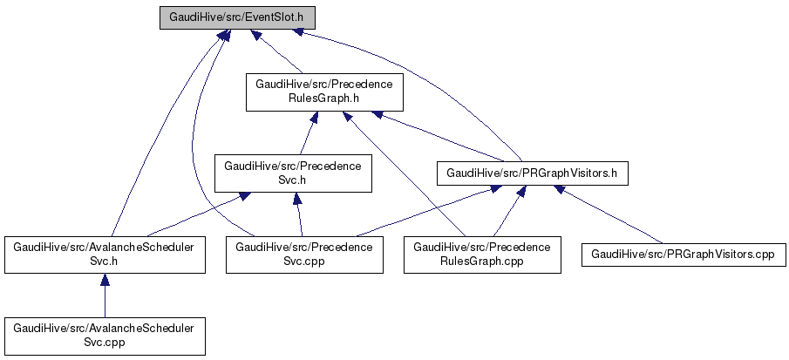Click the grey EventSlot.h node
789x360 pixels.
[x=237, y=17]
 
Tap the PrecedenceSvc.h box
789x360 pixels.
[x=294, y=172]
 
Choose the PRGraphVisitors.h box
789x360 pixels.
[x=532, y=173]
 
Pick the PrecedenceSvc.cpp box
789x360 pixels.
[x=304, y=254]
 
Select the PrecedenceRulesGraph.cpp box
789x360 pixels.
[x=482, y=254]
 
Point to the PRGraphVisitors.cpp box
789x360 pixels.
[x=683, y=254]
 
